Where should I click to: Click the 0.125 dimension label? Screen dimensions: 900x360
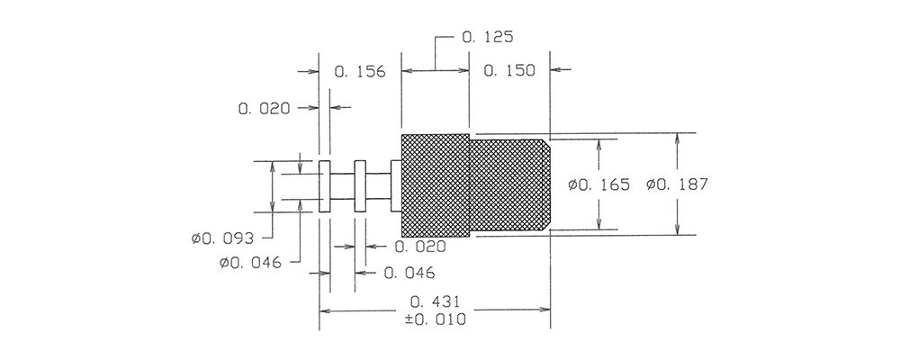[x=487, y=38]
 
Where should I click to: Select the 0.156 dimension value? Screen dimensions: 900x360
[x=360, y=72]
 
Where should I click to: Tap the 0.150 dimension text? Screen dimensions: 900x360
[x=509, y=70]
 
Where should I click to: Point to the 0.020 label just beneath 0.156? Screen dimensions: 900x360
[x=264, y=108]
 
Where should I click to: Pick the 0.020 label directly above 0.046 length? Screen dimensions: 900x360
[x=420, y=247]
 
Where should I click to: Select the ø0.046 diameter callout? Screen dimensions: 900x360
[x=251, y=264]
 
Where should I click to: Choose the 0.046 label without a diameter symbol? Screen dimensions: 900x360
[x=409, y=274]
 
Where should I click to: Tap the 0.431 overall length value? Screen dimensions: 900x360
[x=436, y=301]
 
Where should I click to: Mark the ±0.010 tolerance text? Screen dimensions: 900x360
[x=436, y=319]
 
